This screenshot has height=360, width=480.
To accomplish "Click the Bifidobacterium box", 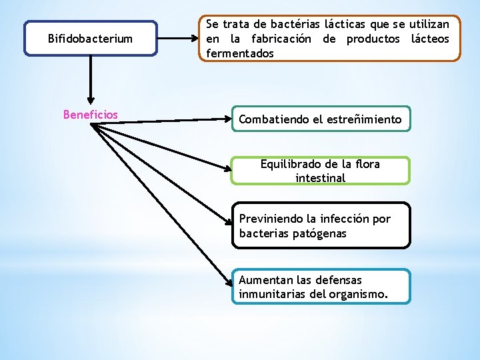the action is [90, 39].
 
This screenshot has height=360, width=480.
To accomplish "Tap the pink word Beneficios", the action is [90, 115].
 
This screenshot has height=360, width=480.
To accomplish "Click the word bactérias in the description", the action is [287, 24].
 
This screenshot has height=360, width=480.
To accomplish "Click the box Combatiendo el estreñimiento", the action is [321, 119].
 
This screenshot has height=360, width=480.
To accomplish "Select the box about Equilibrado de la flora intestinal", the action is [321, 171].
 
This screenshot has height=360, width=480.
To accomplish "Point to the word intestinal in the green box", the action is [321, 178].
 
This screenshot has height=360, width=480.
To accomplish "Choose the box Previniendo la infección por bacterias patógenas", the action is [321, 226].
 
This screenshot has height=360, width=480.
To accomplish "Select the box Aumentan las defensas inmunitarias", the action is [321, 287].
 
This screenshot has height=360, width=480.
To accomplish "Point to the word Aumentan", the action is [263, 280].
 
